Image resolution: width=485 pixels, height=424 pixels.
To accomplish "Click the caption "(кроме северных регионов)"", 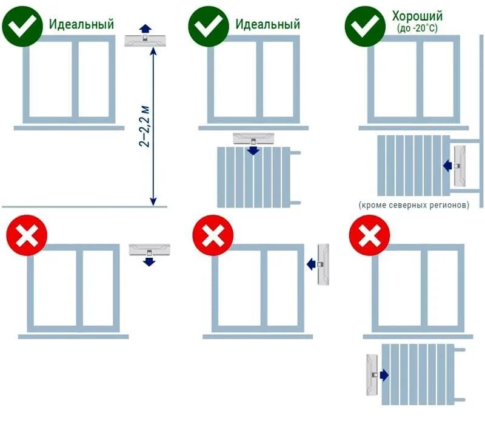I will point(415,205).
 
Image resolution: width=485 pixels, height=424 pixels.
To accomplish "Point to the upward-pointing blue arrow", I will point(144,28).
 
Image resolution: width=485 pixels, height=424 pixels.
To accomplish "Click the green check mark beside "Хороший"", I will point(364,25).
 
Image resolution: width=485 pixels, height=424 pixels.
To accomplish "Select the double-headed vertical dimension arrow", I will point(154,127).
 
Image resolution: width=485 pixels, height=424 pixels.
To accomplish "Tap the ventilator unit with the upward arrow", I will point(144,40).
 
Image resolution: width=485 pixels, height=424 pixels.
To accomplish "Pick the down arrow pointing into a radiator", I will point(252,150).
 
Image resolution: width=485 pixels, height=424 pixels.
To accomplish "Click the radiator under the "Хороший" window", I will point(413,164).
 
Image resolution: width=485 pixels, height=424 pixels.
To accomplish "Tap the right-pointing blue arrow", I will point(384,376).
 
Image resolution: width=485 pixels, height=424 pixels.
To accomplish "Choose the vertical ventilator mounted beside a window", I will point(323,264).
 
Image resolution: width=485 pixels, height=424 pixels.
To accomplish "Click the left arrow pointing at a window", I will point(311,264).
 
